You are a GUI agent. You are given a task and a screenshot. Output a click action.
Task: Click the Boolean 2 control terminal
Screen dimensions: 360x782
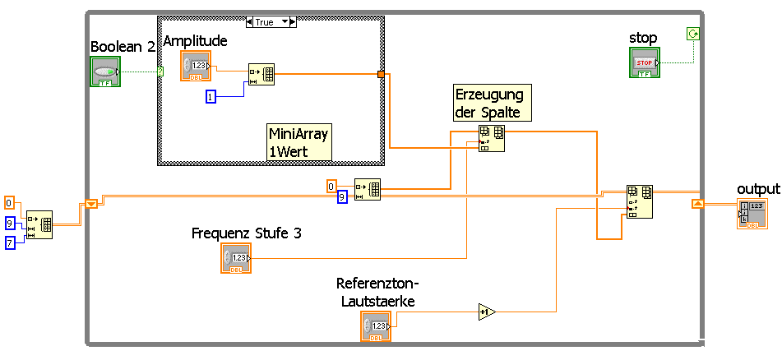click(x=105, y=72)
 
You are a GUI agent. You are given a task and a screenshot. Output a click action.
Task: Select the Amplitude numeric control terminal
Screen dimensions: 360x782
click(x=196, y=66)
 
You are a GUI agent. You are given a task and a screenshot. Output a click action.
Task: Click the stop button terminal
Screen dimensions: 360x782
click(x=645, y=62)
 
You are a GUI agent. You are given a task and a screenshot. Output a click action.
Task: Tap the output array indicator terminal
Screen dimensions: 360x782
click(x=752, y=214)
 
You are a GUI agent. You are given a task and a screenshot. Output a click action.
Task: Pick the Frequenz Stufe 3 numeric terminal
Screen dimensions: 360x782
click(x=235, y=258)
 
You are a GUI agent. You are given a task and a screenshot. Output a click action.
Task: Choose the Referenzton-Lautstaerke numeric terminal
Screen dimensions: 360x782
click(x=375, y=326)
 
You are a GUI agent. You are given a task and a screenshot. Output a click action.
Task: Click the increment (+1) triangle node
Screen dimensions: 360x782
click(x=486, y=312)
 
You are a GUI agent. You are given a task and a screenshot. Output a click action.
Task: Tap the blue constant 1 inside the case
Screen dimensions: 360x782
click(x=211, y=97)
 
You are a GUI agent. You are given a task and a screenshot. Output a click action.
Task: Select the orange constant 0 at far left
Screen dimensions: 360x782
click(x=9, y=203)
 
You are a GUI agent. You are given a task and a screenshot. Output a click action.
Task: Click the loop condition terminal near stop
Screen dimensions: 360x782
click(x=692, y=34)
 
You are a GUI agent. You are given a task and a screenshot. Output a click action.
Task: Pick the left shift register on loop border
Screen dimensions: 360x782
click(x=91, y=204)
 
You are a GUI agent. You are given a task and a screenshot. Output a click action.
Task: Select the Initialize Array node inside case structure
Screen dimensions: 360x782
click(x=261, y=74)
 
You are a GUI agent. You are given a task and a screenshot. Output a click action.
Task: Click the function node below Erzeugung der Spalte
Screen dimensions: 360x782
click(x=492, y=138)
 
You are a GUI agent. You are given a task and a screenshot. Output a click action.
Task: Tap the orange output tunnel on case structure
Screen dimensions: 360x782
click(x=381, y=75)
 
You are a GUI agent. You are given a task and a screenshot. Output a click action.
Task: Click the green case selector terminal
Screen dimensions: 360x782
click(x=160, y=72)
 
